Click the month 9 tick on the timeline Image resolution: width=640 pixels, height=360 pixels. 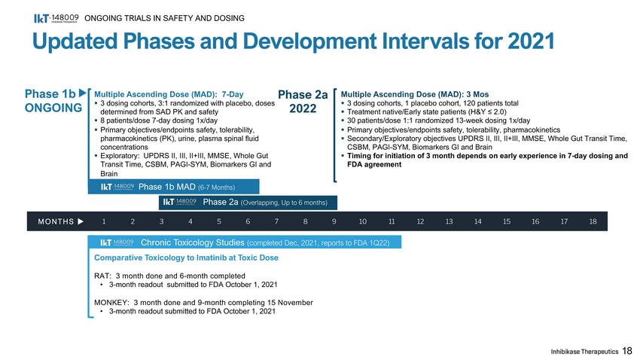[334, 221]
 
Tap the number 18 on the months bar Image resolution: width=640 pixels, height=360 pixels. [593, 221]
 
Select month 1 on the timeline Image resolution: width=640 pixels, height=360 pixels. [103, 221]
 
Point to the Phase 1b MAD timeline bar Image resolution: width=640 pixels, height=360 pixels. [174, 186]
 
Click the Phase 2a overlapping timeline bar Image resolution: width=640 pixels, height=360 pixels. [248, 202]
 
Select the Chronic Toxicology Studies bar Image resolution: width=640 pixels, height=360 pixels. [245, 243]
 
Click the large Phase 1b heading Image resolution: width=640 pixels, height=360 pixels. [50, 94]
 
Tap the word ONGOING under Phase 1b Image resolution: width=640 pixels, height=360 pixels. [53, 109]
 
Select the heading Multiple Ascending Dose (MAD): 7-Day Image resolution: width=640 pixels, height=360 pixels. [168, 93]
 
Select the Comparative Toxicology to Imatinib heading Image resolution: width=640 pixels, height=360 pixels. [185, 258]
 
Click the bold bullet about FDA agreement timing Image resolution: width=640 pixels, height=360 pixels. [484, 161]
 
